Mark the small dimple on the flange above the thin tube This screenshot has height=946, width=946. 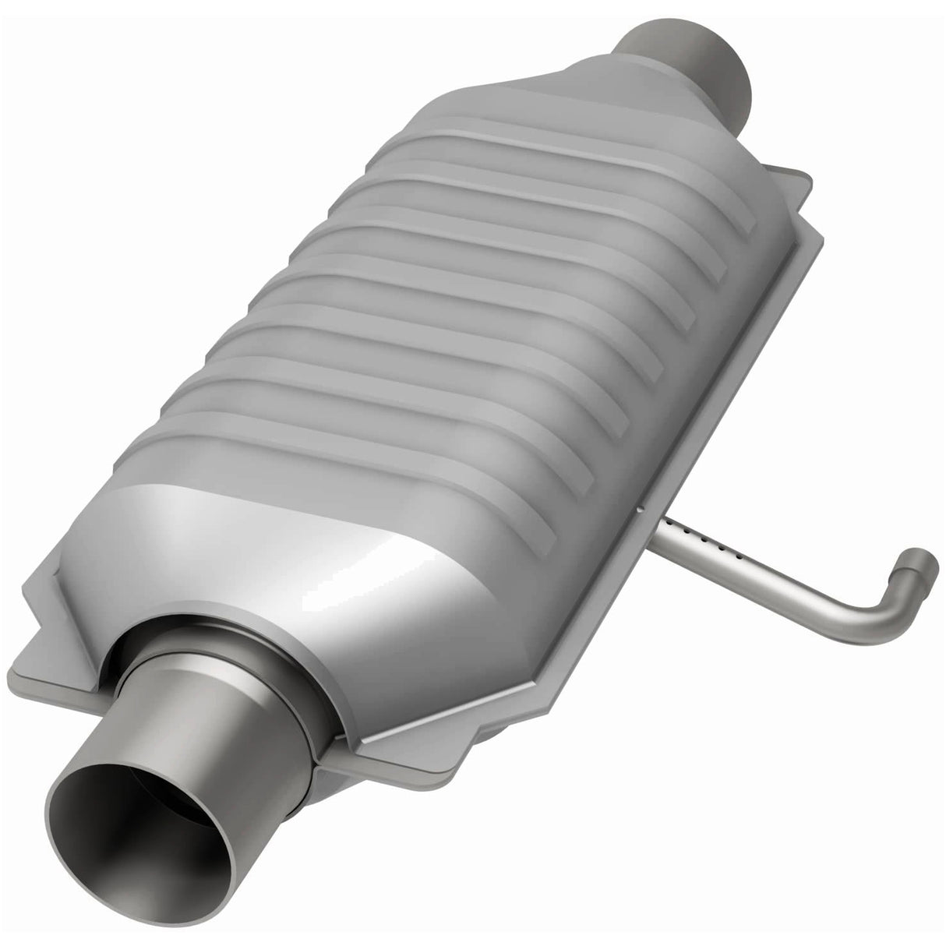pyautogui.click(x=637, y=510)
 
